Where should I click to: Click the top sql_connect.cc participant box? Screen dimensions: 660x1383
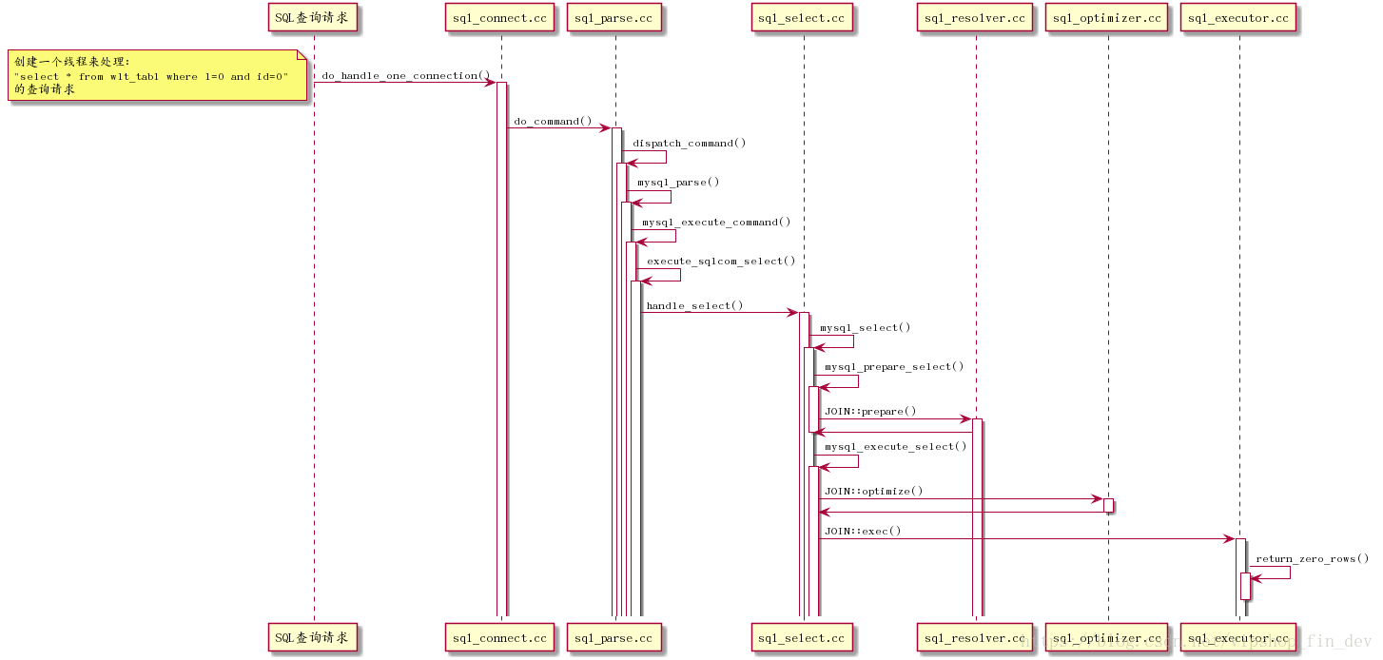pyautogui.click(x=500, y=18)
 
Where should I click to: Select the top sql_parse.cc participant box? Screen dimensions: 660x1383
pyautogui.click(x=614, y=18)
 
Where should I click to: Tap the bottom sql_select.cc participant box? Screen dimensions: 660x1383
pyautogui.click(x=803, y=638)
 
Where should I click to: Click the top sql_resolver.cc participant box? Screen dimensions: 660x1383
pyautogui.click(x=975, y=18)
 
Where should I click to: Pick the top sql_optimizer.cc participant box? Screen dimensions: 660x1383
pyautogui.click(x=1107, y=18)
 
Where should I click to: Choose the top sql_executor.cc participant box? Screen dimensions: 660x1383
pyautogui.click(x=1238, y=18)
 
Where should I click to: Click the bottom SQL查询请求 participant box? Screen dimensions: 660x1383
pyautogui.click(x=314, y=638)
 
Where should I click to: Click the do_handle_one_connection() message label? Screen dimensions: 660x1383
pyautogui.click(x=406, y=75)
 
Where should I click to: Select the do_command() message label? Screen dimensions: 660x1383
pyautogui.click(x=553, y=122)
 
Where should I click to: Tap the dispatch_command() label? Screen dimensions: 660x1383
pyautogui.click(x=690, y=143)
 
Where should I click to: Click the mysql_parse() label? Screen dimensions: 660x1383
pyautogui.click(x=678, y=182)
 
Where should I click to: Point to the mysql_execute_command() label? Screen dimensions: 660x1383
pyautogui.click(x=716, y=222)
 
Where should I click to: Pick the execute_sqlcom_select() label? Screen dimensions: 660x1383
pyautogui.click(x=721, y=261)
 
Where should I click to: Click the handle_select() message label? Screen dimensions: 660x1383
pyautogui.click(x=694, y=305)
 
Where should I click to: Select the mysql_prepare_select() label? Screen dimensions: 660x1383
pyautogui.click(x=894, y=366)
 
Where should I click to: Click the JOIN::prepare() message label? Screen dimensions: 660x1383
pyautogui.click(x=870, y=411)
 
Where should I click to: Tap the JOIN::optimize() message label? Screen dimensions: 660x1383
pyautogui.click(x=873, y=491)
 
